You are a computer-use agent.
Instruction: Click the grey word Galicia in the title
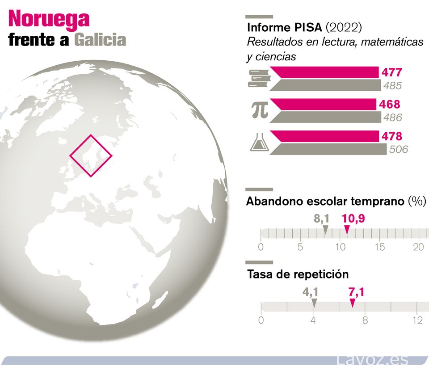coord(100,40)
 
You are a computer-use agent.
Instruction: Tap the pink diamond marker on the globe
coord(91,156)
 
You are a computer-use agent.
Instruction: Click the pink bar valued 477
coord(324,72)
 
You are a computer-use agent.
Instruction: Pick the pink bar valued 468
coord(323,104)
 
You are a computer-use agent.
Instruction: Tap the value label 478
coord(391,136)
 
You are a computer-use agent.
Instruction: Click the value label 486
coord(392,118)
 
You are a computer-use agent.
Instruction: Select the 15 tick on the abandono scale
coord(379,247)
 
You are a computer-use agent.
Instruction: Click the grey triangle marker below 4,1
coord(314,303)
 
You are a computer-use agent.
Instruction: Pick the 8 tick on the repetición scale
coord(365,320)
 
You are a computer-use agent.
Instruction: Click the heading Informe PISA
coord(285,27)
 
